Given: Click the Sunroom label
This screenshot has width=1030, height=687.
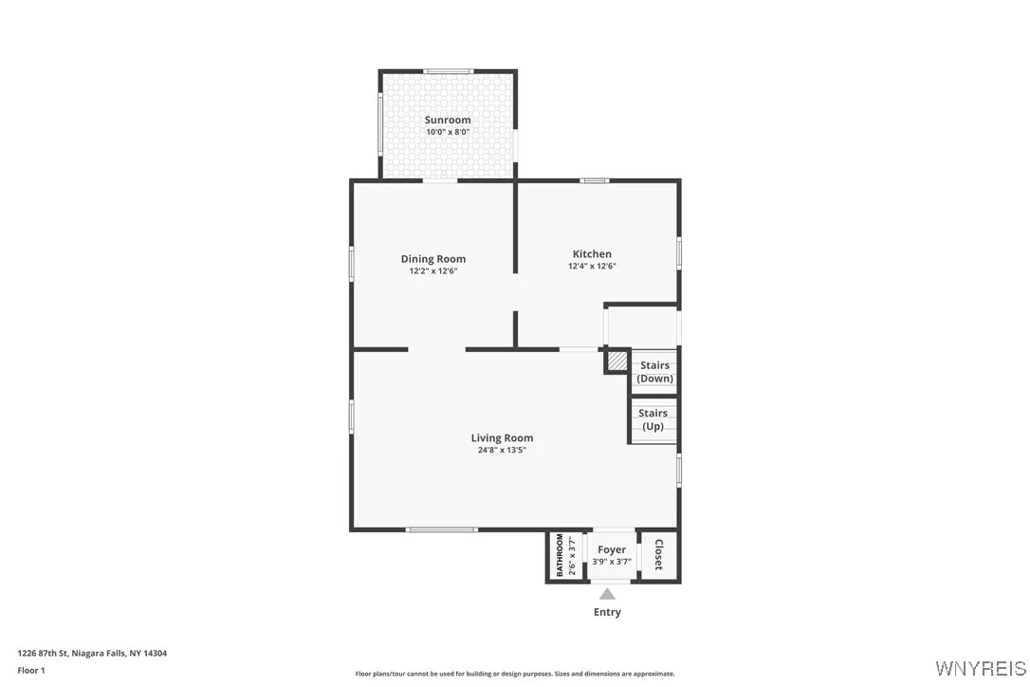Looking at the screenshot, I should (448, 121).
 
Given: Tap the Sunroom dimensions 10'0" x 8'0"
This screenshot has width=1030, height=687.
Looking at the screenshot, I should (448, 133).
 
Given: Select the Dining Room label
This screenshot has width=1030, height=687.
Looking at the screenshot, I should (433, 259).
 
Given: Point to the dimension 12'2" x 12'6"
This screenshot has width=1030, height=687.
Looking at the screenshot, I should (433, 271).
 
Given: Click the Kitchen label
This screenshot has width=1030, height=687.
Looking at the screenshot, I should (592, 254).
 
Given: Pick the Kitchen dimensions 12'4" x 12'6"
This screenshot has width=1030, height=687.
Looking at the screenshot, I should (592, 267).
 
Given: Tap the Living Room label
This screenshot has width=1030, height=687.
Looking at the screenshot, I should (502, 438).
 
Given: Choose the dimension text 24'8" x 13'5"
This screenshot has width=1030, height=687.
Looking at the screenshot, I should (502, 451).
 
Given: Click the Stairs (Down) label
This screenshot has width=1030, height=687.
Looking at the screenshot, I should (654, 372).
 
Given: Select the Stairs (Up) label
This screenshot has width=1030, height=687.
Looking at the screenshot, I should (653, 419).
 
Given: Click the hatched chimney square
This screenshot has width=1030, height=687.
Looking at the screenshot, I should (617, 362).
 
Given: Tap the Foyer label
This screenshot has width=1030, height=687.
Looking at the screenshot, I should (612, 549).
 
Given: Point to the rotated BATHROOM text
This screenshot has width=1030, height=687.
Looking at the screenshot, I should (560, 555).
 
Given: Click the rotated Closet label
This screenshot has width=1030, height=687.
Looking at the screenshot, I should (658, 555).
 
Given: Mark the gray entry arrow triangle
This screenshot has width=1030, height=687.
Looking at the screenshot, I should (607, 594).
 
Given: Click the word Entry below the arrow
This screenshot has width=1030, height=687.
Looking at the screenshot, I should (607, 613).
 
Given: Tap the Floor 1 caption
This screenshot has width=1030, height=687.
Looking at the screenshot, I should (31, 670).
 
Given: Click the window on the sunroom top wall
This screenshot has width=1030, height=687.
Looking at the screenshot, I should (448, 71).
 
